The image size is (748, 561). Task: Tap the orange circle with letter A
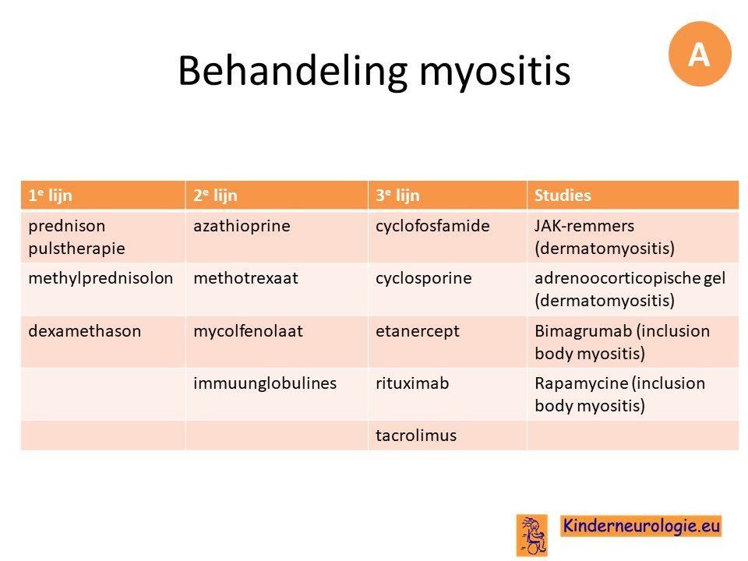[700, 54]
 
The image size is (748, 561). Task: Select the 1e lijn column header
[103, 195]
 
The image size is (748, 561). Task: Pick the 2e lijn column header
[277, 195]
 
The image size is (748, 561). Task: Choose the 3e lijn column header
[447, 195]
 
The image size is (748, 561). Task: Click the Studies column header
[633, 195]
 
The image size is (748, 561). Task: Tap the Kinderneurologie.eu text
[641, 526]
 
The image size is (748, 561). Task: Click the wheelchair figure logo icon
[532, 535]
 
